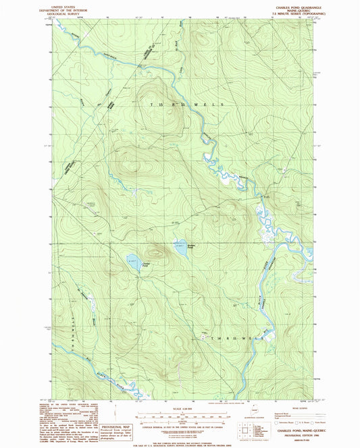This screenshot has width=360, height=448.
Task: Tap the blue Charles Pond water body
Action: tap(135, 262)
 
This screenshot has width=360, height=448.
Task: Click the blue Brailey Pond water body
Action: tap(180, 244)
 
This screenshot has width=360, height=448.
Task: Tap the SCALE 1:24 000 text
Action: tap(180, 407)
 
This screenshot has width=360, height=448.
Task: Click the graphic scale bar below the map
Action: tap(180, 413)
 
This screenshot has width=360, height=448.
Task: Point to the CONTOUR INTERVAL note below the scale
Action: tap(180, 420)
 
